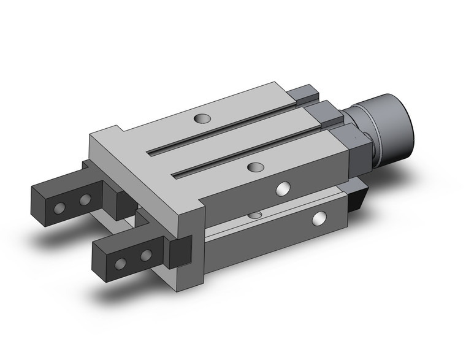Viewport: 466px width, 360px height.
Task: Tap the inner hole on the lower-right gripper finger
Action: [145, 255]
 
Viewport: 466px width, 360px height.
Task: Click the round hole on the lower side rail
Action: [319, 218]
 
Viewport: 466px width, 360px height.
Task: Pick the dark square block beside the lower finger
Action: [181, 251]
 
